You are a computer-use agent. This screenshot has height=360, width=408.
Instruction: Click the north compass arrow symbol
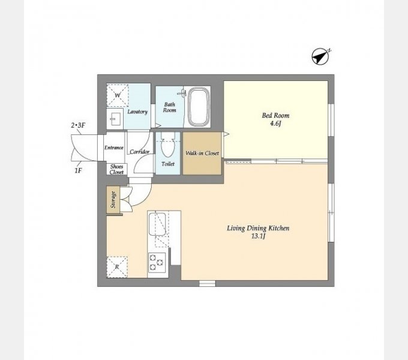tap(320, 56)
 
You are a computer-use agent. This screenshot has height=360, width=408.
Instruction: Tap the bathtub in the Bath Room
tap(199, 107)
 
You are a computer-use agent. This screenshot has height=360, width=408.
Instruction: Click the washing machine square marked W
tap(118, 95)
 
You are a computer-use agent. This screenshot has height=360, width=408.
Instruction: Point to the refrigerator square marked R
tap(117, 267)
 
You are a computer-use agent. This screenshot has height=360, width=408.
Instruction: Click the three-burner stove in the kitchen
tap(157, 262)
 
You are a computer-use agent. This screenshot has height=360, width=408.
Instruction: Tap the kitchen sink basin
tap(157, 224)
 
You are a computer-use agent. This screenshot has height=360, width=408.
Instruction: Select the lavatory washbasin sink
tap(115, 119)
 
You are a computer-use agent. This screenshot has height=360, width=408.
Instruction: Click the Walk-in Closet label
tap(202, 153)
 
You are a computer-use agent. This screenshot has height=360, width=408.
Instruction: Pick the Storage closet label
tap(113, 200)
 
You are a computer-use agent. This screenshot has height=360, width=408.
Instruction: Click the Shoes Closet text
tap(116, 169)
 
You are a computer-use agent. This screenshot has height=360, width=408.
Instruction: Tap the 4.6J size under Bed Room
tap(275, 123)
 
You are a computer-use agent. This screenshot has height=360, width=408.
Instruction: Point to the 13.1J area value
tap(258, 236)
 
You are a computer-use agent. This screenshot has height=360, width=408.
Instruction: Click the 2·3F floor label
tap(78, 125)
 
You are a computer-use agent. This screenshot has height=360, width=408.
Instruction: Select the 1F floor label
tap(78, 170)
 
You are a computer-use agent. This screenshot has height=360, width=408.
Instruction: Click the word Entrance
tap(114, 148)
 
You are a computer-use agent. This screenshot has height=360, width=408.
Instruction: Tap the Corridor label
tap(139, 152)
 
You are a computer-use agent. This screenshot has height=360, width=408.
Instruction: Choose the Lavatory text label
tap(137, 112)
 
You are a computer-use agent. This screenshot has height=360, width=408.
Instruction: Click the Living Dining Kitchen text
tap(258, 229)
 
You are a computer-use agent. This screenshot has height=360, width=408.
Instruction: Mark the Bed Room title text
tap(275, 115)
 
